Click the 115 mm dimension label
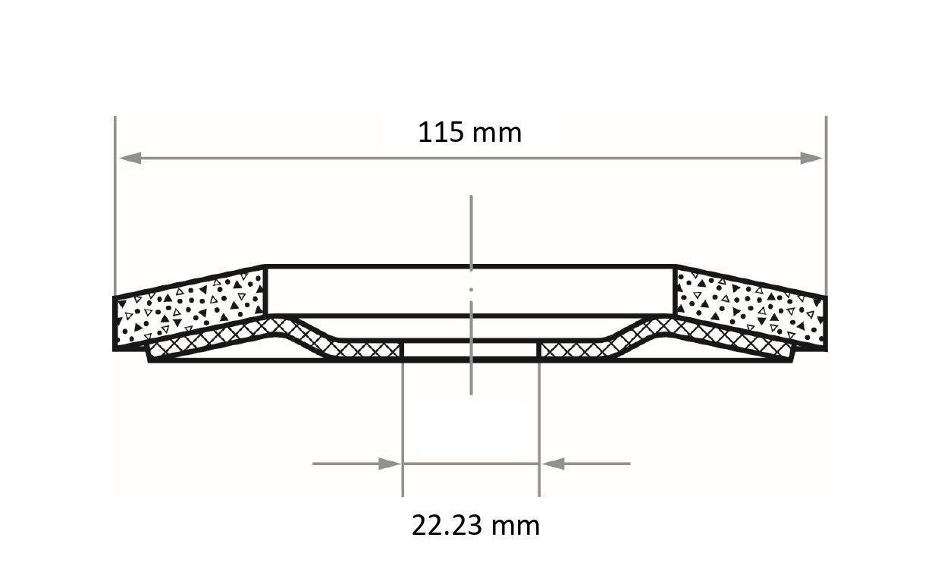coord(469,133)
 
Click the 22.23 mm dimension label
coord(475,525)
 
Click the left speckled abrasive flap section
coord(190,308)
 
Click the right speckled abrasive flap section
coord(751,308)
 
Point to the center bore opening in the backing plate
coord(470,351)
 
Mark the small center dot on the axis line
coord(471,289)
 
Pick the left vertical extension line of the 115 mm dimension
coord(114,205)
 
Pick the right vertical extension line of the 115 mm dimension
coord(826,205)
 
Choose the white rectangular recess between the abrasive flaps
coord(379,290)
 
